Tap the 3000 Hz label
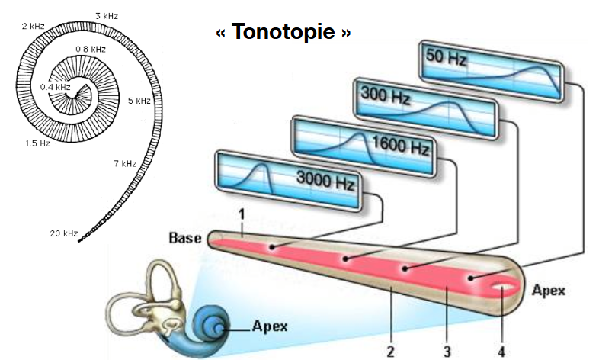325,182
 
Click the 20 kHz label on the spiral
65,232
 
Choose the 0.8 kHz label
89,50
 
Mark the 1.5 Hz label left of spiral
37,143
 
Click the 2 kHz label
34,27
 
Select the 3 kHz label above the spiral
107,15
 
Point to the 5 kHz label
139,100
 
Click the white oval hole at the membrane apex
501,289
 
